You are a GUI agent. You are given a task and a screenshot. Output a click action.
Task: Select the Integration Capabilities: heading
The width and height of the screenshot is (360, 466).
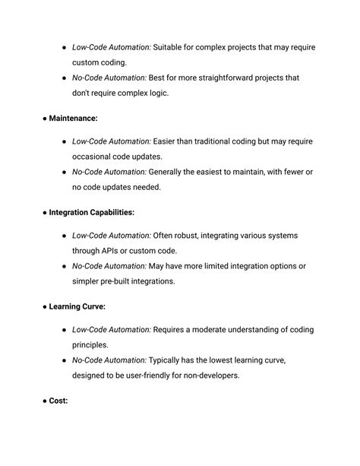(x=92, y=212)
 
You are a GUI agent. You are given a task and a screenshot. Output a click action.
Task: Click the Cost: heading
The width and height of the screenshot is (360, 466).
(x=58, y=401)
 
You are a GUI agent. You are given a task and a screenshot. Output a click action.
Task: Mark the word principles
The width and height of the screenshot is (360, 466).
(x=92, y=345)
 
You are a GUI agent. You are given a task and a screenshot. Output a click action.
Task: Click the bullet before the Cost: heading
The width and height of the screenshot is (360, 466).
(x=44, y=401)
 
